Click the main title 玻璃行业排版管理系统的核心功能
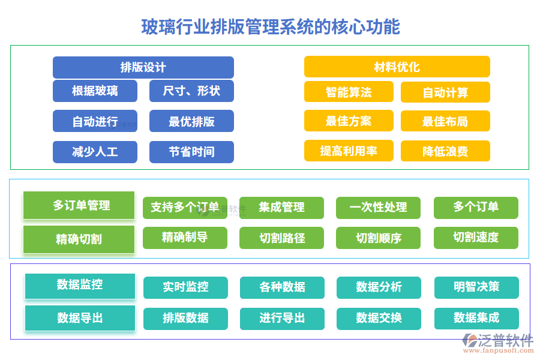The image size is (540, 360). point(270,27)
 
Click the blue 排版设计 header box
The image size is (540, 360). point(143,67)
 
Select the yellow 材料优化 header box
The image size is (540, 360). point(397,67)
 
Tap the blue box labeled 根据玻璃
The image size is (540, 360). point(95,91)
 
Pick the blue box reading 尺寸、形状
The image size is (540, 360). point(191,91)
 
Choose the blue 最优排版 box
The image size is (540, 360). point(191,121)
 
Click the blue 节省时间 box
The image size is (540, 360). point(191,152)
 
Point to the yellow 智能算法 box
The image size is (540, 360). point(349,92)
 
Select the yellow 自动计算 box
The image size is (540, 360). point(445,92)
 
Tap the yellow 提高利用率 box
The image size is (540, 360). point(349,151)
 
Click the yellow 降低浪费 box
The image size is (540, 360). point(445,151)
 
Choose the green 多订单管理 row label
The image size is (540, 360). point(79,206)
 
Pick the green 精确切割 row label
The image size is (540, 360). point(79,239)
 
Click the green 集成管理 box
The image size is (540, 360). point(281,208)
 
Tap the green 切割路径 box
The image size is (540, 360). point(281,238)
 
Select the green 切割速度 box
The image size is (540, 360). point(476,238)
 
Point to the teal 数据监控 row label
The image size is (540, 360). point(80,285)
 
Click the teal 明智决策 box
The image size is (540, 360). point(476,287)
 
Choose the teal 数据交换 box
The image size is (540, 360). point(379,318)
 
